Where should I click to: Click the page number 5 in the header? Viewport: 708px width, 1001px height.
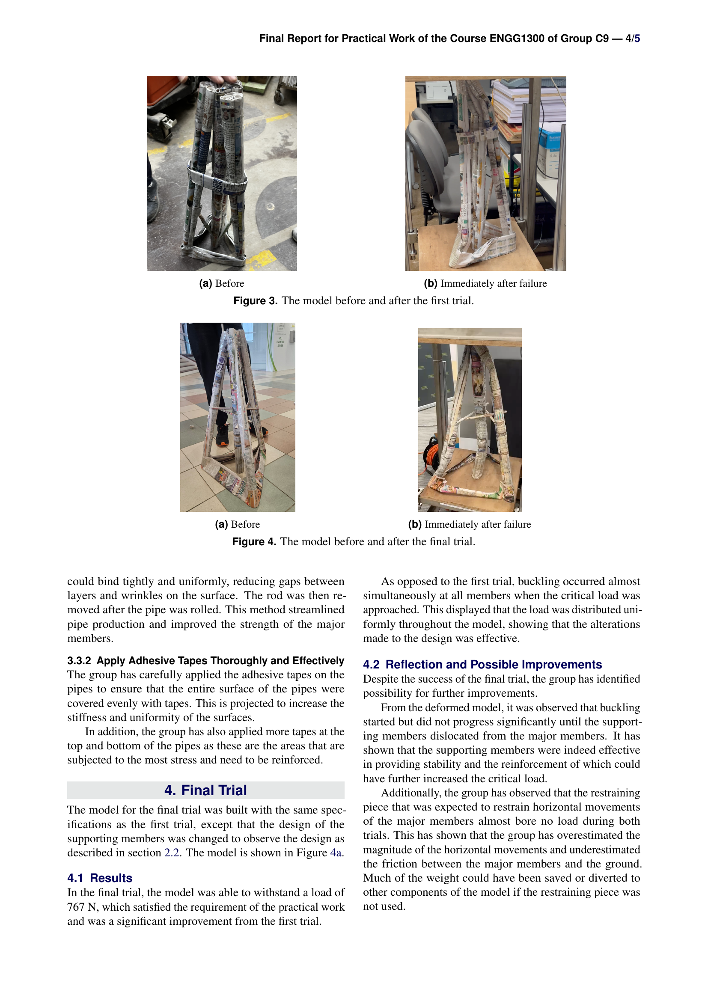637,39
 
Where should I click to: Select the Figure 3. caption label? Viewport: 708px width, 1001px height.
256,301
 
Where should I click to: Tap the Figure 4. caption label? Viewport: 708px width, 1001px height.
254,542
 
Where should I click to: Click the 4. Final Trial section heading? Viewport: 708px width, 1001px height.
205,790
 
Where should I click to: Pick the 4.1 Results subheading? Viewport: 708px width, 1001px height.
100,878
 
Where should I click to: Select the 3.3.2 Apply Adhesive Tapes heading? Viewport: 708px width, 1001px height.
205,660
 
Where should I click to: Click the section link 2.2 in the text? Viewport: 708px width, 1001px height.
172,853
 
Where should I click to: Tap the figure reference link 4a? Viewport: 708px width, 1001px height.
336,853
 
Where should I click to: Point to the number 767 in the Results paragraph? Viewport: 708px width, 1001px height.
75,907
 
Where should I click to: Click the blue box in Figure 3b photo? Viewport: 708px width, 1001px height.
550,153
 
